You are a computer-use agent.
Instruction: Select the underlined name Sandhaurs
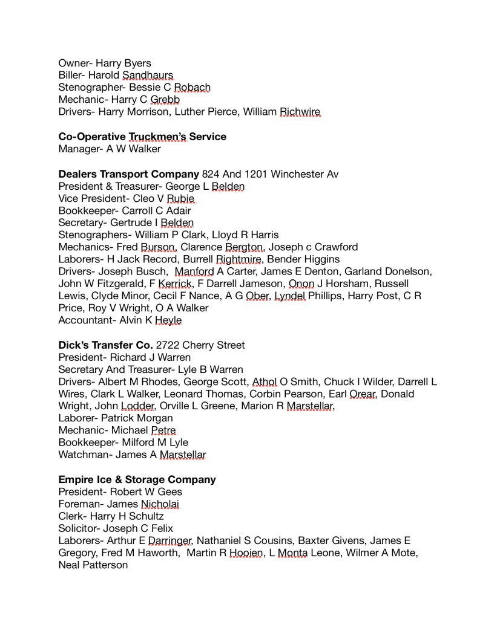click(x=148, y=75)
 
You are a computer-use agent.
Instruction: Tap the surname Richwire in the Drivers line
click(x=300, y=112)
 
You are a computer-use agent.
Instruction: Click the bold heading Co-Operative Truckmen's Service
click(x=142, y=137)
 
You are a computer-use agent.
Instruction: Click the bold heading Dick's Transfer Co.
click(x=105, y=345)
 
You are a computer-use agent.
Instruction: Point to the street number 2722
click(x=169, y=345)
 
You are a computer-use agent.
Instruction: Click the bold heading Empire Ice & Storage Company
click(x=137, y=479)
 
